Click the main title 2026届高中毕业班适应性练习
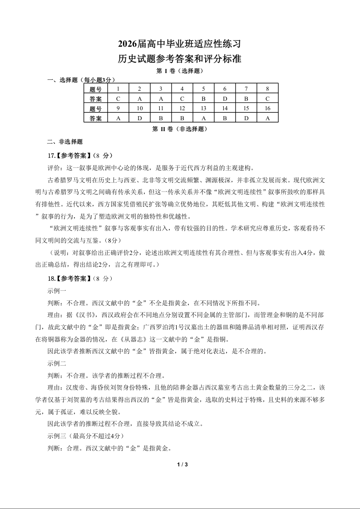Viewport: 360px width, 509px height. pyautogui.click(x=180, y=44)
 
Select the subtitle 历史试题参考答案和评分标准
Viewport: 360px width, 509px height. pyautogui.click(x=180, y=59)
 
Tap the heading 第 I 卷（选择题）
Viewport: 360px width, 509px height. pyautogui.click(x=179, y=71)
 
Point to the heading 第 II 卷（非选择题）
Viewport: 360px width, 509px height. pyautogui.click(x=179, y=129)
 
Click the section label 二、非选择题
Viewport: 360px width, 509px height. pyautogui.click(x=65, y=142)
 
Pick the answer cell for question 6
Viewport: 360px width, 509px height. pyautogui.click(x=225, y=98)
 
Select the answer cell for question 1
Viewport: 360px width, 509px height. pyautogui.click(x=118, y=98)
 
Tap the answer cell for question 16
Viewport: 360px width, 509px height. pyautogui.click(x=267, y=118)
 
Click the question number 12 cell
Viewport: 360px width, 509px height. pyautogui.click(x=182, y=108)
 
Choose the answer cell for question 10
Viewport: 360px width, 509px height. pyautogui.click(x=139, y=118)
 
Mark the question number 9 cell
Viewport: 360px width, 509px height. pyautogui.click(x=118, y=108)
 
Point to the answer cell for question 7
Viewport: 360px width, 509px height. pyautogui.click(x=246, y=98)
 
